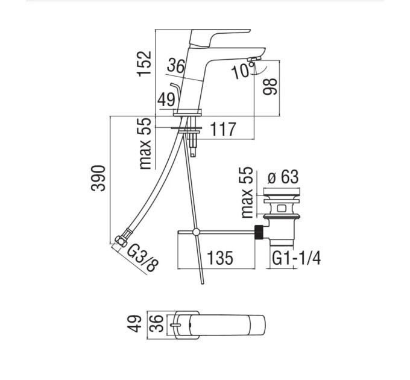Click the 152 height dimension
pos(144,63)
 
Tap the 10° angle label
pos(242,71)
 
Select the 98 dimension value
pos(270,87)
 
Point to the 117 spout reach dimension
pos(223,129)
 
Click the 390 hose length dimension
pos(98,179)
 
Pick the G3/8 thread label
pos(143,258)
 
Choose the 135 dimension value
pos(220,258)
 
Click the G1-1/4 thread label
pos(296,258)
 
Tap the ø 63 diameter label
pos(283,177)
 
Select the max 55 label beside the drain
pos(247,192)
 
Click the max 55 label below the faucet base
pos(145,144)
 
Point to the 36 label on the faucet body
pos(175,66)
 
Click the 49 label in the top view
pos(134,324)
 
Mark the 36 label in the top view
pos(157,324)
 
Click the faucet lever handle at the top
pos(219,38)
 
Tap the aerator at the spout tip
pos(254,59)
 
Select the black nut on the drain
pos(259,232)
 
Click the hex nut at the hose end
pos(121,241)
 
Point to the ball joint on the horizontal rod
pos(196,232)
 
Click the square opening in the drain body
pos(282,209)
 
